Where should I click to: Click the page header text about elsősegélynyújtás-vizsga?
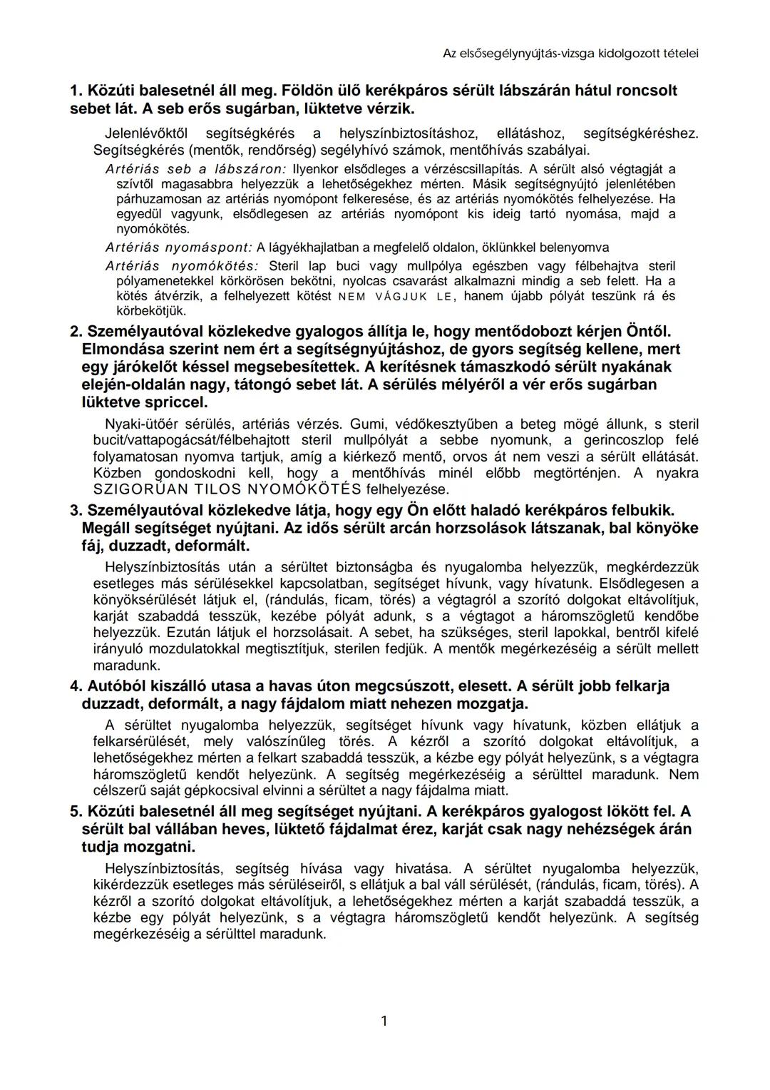(570, 53)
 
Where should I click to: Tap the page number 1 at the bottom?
(384, 1021)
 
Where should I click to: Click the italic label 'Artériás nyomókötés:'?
(182, 265)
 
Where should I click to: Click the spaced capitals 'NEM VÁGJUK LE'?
(394, 296)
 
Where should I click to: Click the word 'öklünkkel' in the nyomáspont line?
(497, 248)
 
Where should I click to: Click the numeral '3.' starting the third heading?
(76, 511)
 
